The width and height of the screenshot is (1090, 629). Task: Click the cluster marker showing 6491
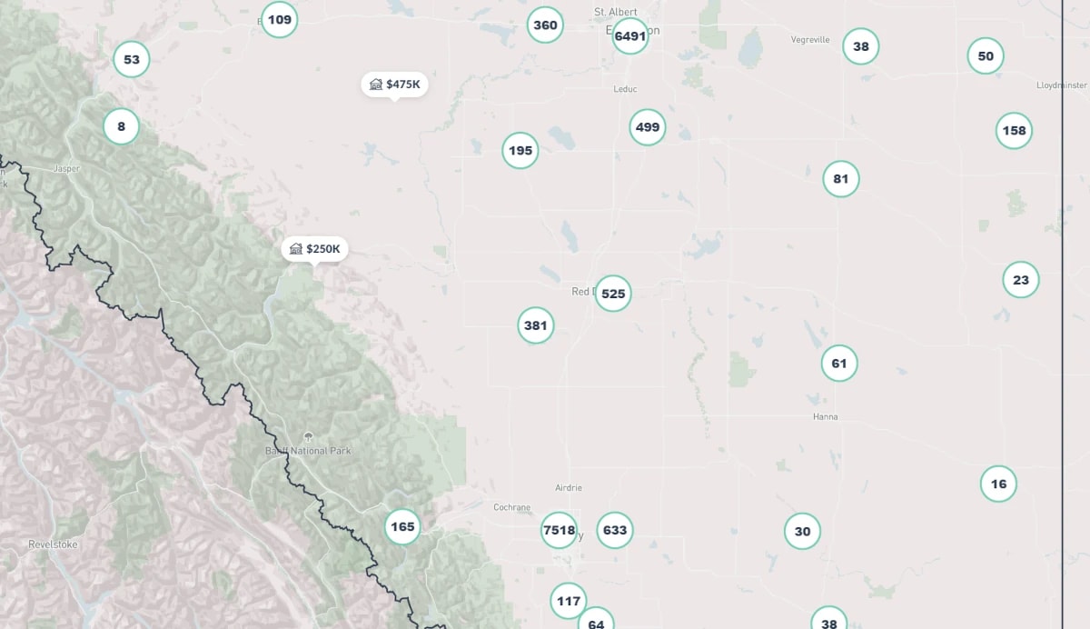pos(629,36)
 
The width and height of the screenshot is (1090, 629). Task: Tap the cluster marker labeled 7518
pos(559,530)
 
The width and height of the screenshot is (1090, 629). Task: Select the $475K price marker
pos(394,85)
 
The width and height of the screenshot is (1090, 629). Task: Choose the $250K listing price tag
pos(314,249)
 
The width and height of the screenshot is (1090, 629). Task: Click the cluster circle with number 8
pos(121,126)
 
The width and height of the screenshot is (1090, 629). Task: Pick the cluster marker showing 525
pos(613,294)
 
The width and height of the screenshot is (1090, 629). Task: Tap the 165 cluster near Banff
pos(401,526)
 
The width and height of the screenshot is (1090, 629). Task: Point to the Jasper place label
pos(67,168)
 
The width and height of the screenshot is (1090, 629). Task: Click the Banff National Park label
pos(308,451)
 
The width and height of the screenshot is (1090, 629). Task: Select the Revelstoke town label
pos(54,544)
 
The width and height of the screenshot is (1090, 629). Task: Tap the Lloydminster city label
pos(1061,85)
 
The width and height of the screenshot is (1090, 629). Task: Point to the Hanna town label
pos(825,416)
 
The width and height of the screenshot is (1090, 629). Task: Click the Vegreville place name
pos(810,40)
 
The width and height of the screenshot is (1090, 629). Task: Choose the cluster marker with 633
pos(615,530)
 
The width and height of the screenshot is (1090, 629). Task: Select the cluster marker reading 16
pos(998,484)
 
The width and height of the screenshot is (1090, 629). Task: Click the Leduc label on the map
pos(625,89)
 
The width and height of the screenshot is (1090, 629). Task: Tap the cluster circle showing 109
pos(280,19)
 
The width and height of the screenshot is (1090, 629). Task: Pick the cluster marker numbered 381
pos(536,324)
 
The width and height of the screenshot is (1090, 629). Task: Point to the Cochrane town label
pos(511,507)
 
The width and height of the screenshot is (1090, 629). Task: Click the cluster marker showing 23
pos(1021,280)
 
